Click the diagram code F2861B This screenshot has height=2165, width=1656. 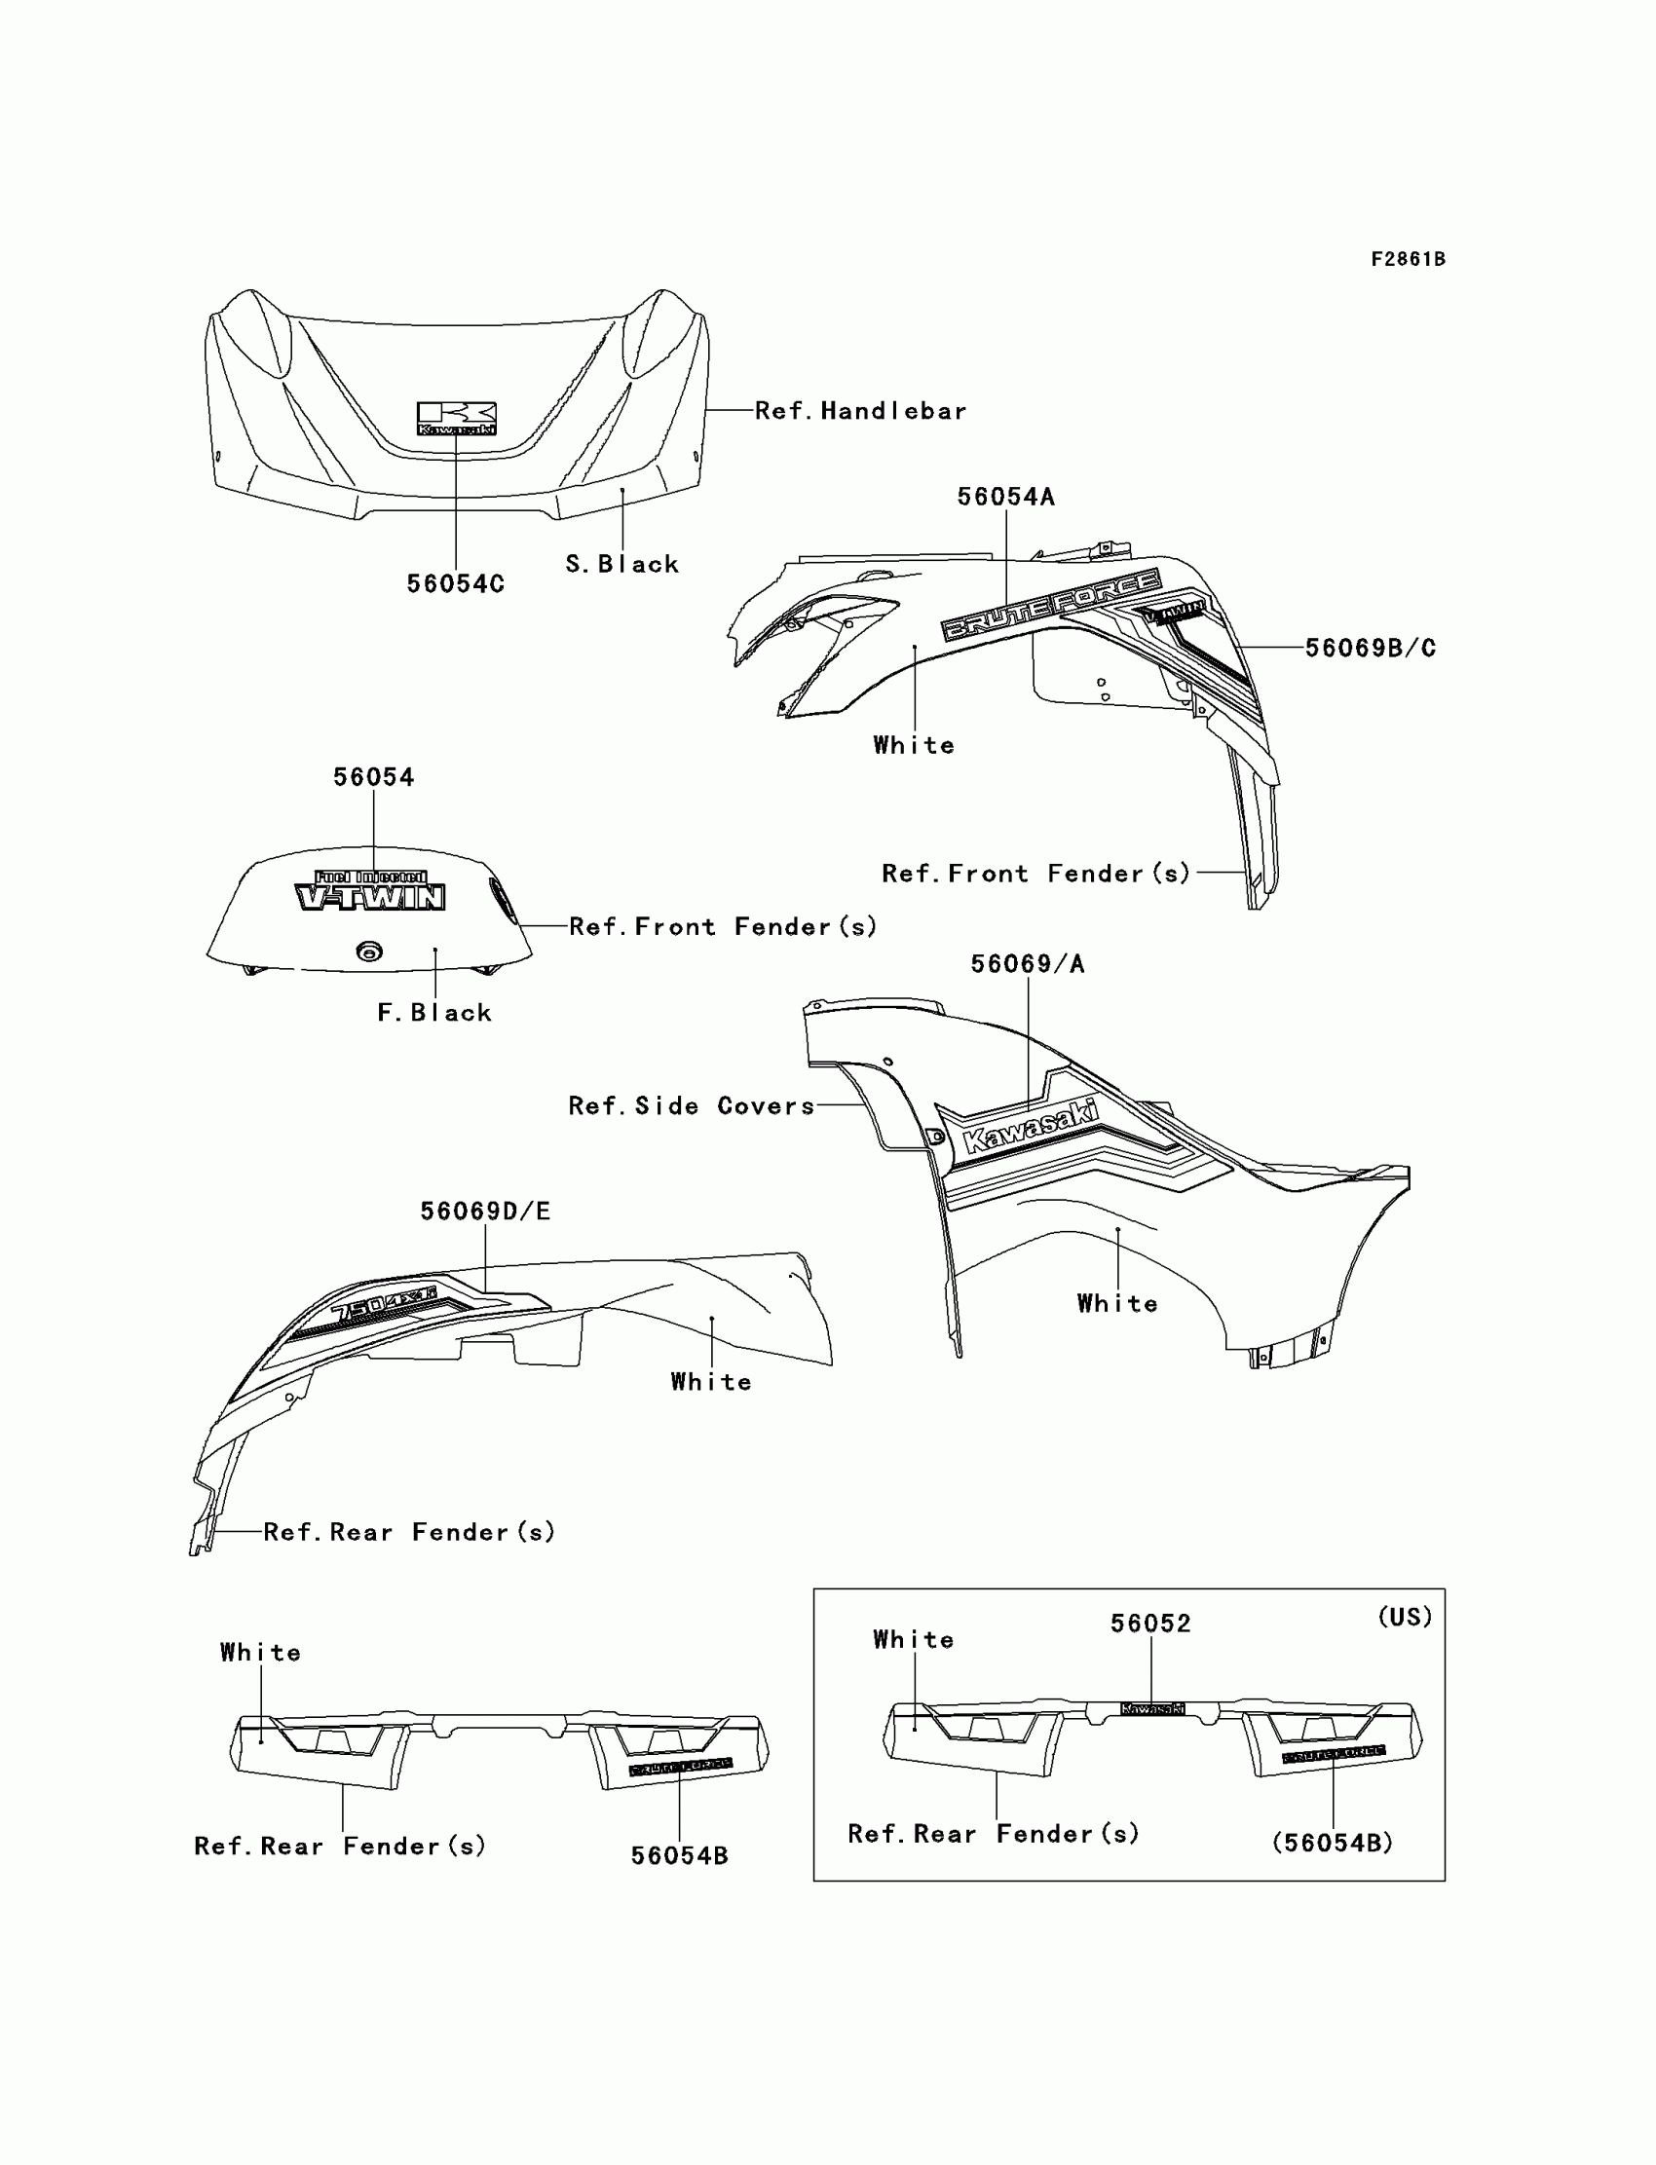click(1408, 259)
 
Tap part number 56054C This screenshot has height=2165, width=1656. click(456, 584)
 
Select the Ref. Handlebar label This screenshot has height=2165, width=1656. click(860, 411)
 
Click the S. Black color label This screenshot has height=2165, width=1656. click(622, 565)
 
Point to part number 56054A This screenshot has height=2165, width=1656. click(1005, 498)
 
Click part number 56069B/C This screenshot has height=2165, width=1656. click(1371, 649)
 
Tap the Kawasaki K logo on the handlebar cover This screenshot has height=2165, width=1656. click(457, 418)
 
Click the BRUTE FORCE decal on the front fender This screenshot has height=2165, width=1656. click(1051, 604)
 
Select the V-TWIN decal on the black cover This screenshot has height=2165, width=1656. click(370, 892)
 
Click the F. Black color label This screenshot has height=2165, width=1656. click(434, 1013)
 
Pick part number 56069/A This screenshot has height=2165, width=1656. click(1027, 964)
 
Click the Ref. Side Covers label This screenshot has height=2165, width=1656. click(692, 1105)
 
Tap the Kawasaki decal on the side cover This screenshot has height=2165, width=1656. click(1029, 1127)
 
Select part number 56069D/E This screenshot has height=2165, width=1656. click(485, 1212)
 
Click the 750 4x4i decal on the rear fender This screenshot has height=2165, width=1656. click(384, 1303)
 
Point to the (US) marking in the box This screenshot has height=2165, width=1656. click(1405, 1617)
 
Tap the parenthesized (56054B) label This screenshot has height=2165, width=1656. click(1333, 1843)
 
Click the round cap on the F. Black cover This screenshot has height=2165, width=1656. click(369, 951)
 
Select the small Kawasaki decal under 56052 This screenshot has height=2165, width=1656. click(1152, 1709)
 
